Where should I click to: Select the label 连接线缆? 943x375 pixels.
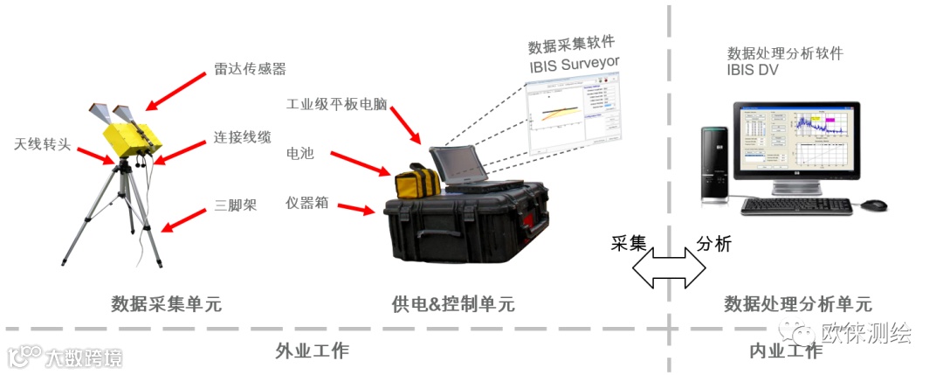tap(243, 138)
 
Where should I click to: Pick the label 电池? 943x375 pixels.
tap(299, 154)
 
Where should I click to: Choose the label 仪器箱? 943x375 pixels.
tap(307, 203)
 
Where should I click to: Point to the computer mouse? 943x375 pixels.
tap(874, 205)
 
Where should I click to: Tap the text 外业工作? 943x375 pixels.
tap(312, 351)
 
